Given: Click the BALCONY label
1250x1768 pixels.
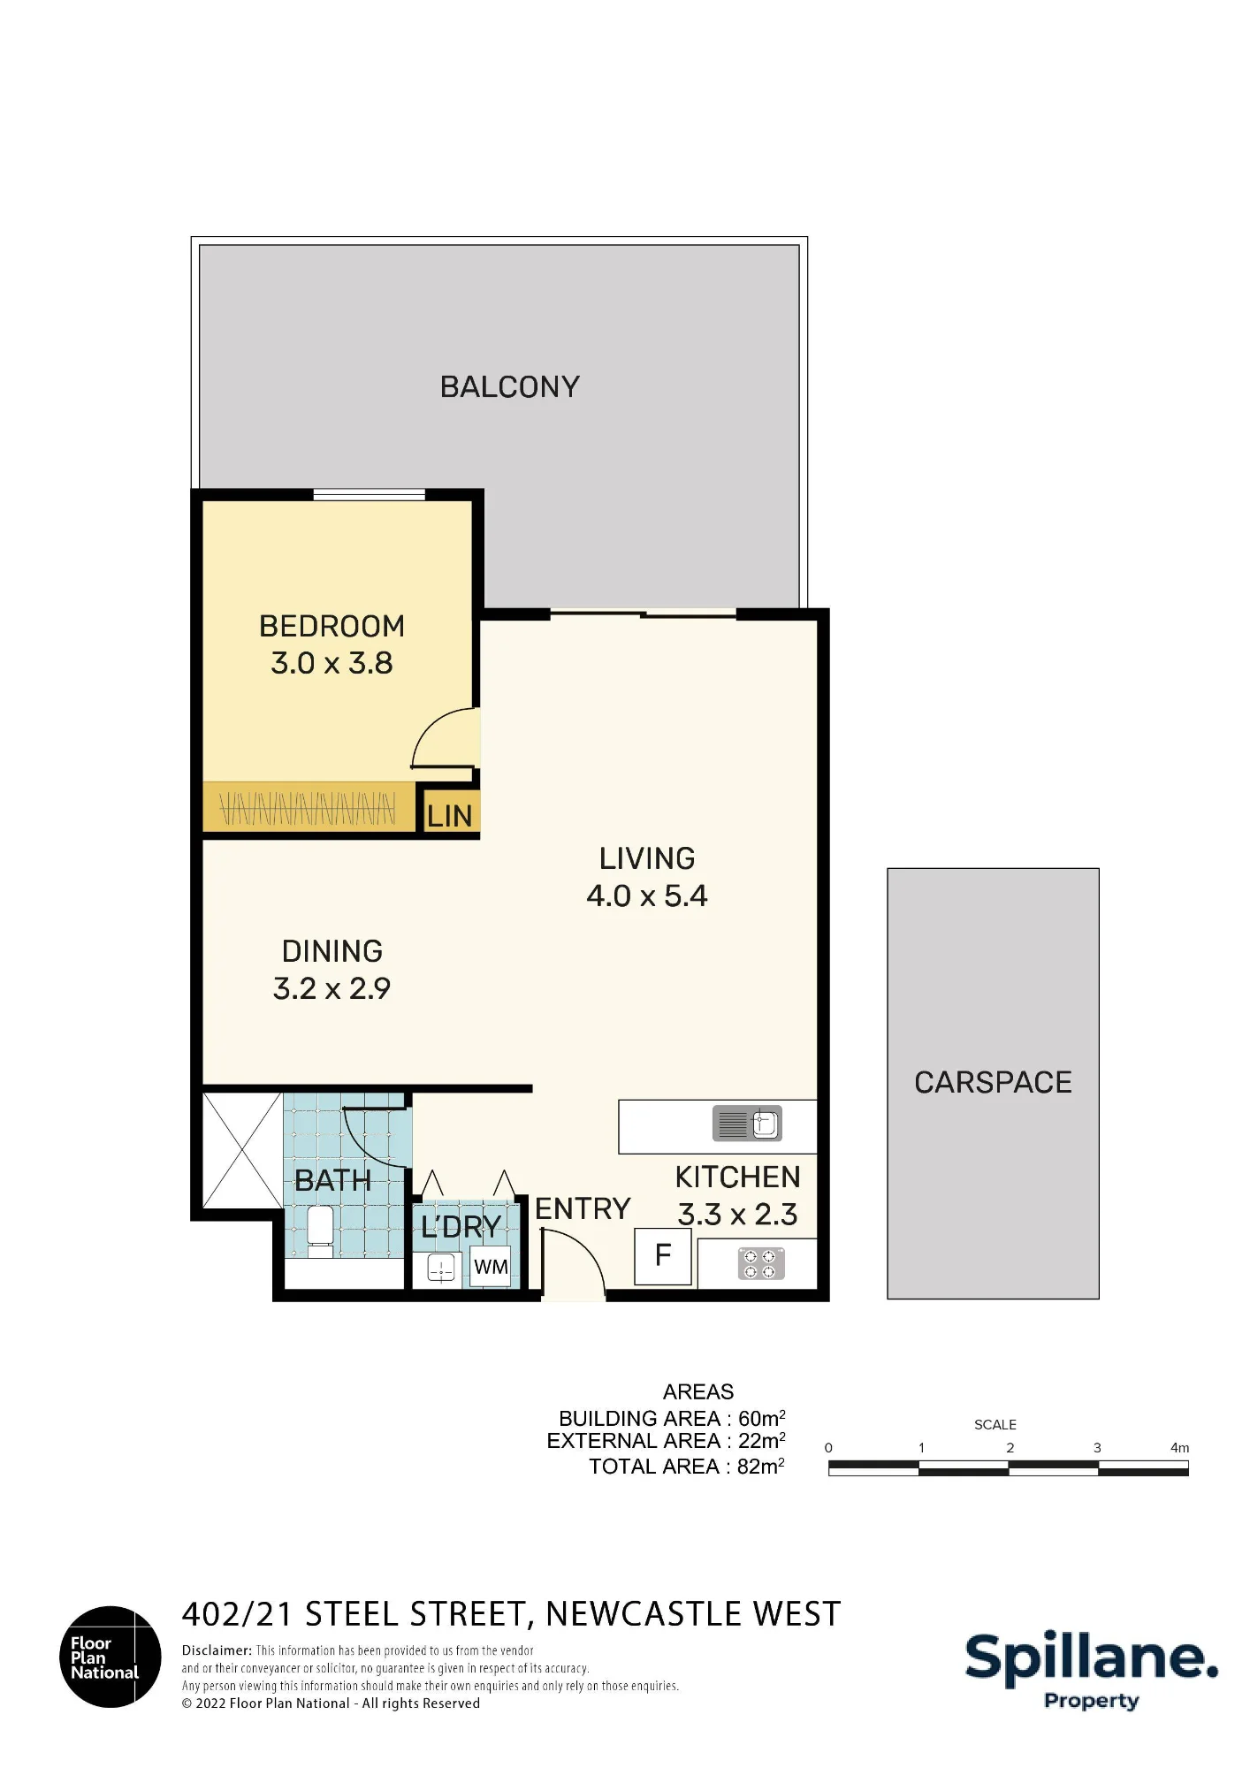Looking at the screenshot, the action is point(510,387).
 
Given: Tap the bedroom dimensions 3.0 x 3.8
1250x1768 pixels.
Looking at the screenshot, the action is point(332,663).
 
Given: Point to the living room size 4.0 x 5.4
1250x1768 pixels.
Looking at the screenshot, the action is point(647,895).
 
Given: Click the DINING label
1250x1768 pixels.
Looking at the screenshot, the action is point(332,951).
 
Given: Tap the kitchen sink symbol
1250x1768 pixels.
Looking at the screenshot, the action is point(748,1124).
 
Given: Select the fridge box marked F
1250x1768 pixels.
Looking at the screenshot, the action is point(663,1255).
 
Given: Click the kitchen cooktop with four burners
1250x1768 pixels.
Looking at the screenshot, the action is point(762,1264).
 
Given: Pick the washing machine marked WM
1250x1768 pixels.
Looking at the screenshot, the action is point(491,1267).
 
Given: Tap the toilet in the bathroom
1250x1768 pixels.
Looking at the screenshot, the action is point(319,1231).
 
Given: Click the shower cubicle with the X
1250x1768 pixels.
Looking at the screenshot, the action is point(243,1150).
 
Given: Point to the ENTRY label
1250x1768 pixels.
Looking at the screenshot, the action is point(583,1208).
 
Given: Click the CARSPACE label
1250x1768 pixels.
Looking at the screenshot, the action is point(993,1082).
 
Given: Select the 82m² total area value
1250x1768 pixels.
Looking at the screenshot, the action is point(761,1467).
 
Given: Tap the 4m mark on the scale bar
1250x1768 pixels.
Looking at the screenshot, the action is point(1180,1447).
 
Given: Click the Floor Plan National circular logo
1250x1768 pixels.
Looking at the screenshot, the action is point(111,1657).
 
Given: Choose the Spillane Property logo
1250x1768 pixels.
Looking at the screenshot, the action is point(1092,1670).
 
